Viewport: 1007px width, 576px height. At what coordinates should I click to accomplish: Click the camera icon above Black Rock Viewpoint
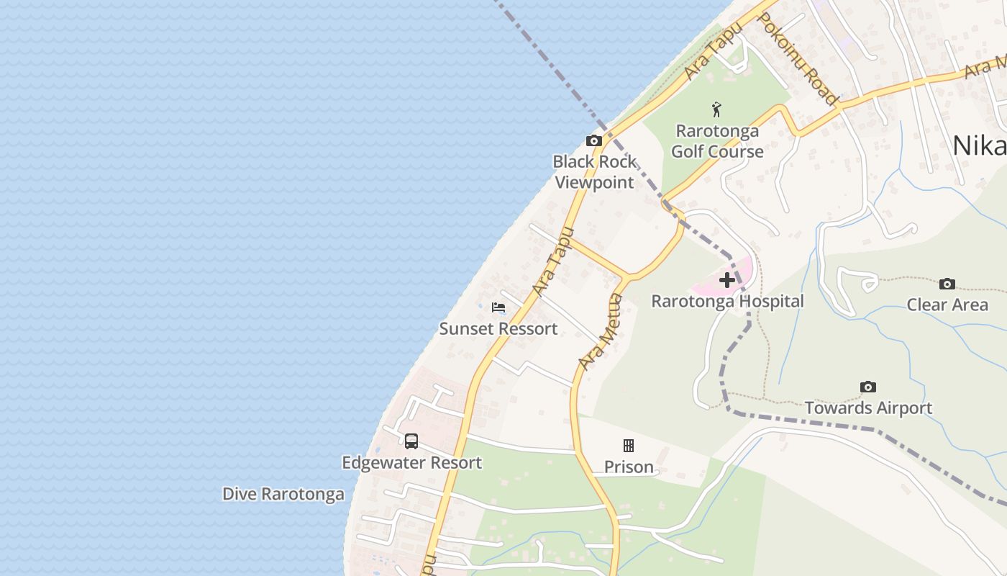click(x=593, y=140)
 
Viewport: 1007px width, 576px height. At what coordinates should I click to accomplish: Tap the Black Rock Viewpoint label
click(x=594, y=172)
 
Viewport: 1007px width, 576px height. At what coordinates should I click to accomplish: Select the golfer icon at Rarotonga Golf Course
click(x=716, y=110)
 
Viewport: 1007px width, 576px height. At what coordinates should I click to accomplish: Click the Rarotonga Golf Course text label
click(x=716, y=141)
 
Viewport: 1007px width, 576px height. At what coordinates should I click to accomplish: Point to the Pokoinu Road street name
click(x=798, y=59)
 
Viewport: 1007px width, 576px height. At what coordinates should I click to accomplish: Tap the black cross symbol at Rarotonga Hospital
click(x=727, y=279)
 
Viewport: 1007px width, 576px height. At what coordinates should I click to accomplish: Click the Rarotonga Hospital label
click(x=727, y=301)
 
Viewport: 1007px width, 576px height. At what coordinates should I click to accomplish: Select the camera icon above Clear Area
click(x=947, y=284)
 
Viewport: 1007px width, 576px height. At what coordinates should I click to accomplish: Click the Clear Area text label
click(x=947, y=305)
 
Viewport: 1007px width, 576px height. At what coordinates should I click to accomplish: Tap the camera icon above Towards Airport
click(x=868, y=387)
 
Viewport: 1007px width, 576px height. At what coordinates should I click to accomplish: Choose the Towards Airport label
click(x=868, y=408)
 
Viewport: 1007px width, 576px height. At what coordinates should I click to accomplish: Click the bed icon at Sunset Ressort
click(x=498, y=307)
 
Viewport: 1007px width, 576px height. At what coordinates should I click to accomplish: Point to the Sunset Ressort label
click(x=498, y=329)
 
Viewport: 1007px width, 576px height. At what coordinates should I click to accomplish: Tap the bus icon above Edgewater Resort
click(x=411, y=441)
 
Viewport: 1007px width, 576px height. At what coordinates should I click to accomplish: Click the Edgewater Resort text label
click(x=411, y=463)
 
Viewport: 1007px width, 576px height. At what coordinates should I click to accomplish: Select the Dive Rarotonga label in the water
click(x=283, y=495)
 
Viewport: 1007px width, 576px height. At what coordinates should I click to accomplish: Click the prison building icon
click(x=629, y=446)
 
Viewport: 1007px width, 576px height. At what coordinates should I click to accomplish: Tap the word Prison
click(x=629, y=467)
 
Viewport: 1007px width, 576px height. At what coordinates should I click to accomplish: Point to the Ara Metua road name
click(x=601, y=331)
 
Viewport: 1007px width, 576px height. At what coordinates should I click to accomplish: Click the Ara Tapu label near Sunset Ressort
click(x=554, y=261)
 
